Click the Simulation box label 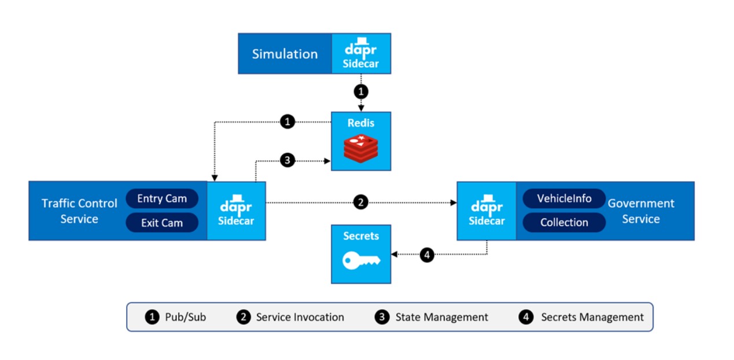[x=285, y=54]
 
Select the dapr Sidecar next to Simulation [x=360, y=53]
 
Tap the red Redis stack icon [x=360, y=148]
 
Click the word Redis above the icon [x=360, y=123]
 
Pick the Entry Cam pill [x=162, y=199]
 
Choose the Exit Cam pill [x=162, y=223]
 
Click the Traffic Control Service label [x=79, y=211]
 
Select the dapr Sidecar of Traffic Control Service [x=236, y=211]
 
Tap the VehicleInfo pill [x=564, y=199]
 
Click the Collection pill [x=564, y=222]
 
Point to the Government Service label [x=641, y=211]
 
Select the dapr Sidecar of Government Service [x=486, y=211]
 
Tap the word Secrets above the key [x=361, y=236]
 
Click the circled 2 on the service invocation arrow [x=361, y=203]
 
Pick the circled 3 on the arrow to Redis [x=287, y=160]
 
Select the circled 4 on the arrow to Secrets [x=427, y=255]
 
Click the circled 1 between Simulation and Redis [x=361, y=91]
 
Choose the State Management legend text [x=441, y=317]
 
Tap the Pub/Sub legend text [x=185, y=317]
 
